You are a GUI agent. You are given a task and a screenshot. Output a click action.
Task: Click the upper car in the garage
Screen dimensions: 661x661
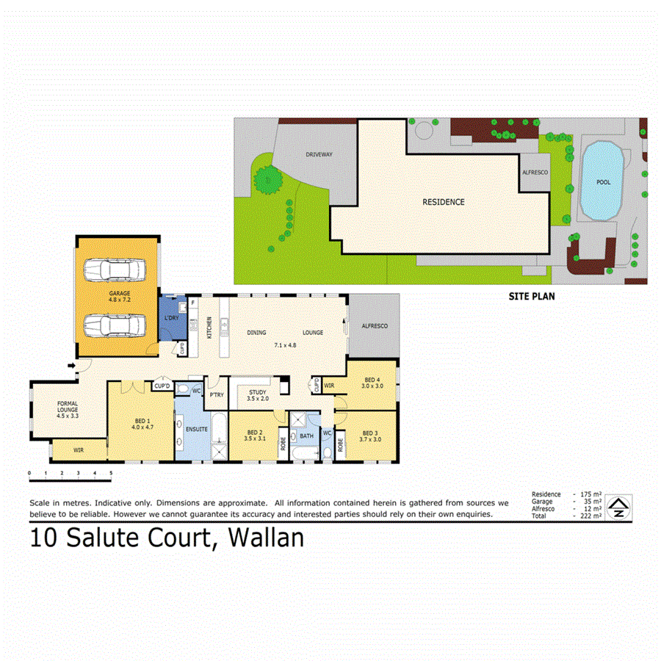114,270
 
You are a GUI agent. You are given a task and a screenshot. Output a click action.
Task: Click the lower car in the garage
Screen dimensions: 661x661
114,323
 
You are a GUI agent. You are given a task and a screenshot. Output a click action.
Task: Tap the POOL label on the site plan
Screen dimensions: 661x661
603,181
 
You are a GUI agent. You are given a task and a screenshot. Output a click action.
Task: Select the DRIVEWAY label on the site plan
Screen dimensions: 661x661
319,155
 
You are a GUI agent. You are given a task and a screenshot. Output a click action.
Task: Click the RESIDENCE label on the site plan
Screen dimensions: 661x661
443,202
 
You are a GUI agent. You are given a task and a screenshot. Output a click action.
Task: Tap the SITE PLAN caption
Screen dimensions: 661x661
532,297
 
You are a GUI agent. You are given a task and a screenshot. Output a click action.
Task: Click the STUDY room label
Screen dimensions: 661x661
257,392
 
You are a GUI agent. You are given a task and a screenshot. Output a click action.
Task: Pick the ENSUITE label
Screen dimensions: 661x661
198,428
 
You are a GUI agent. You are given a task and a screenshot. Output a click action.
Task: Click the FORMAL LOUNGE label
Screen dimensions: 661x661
67,408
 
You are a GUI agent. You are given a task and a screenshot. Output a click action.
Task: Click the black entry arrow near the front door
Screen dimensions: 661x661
71,364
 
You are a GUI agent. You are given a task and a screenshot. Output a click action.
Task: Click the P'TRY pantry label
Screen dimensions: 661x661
217,394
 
